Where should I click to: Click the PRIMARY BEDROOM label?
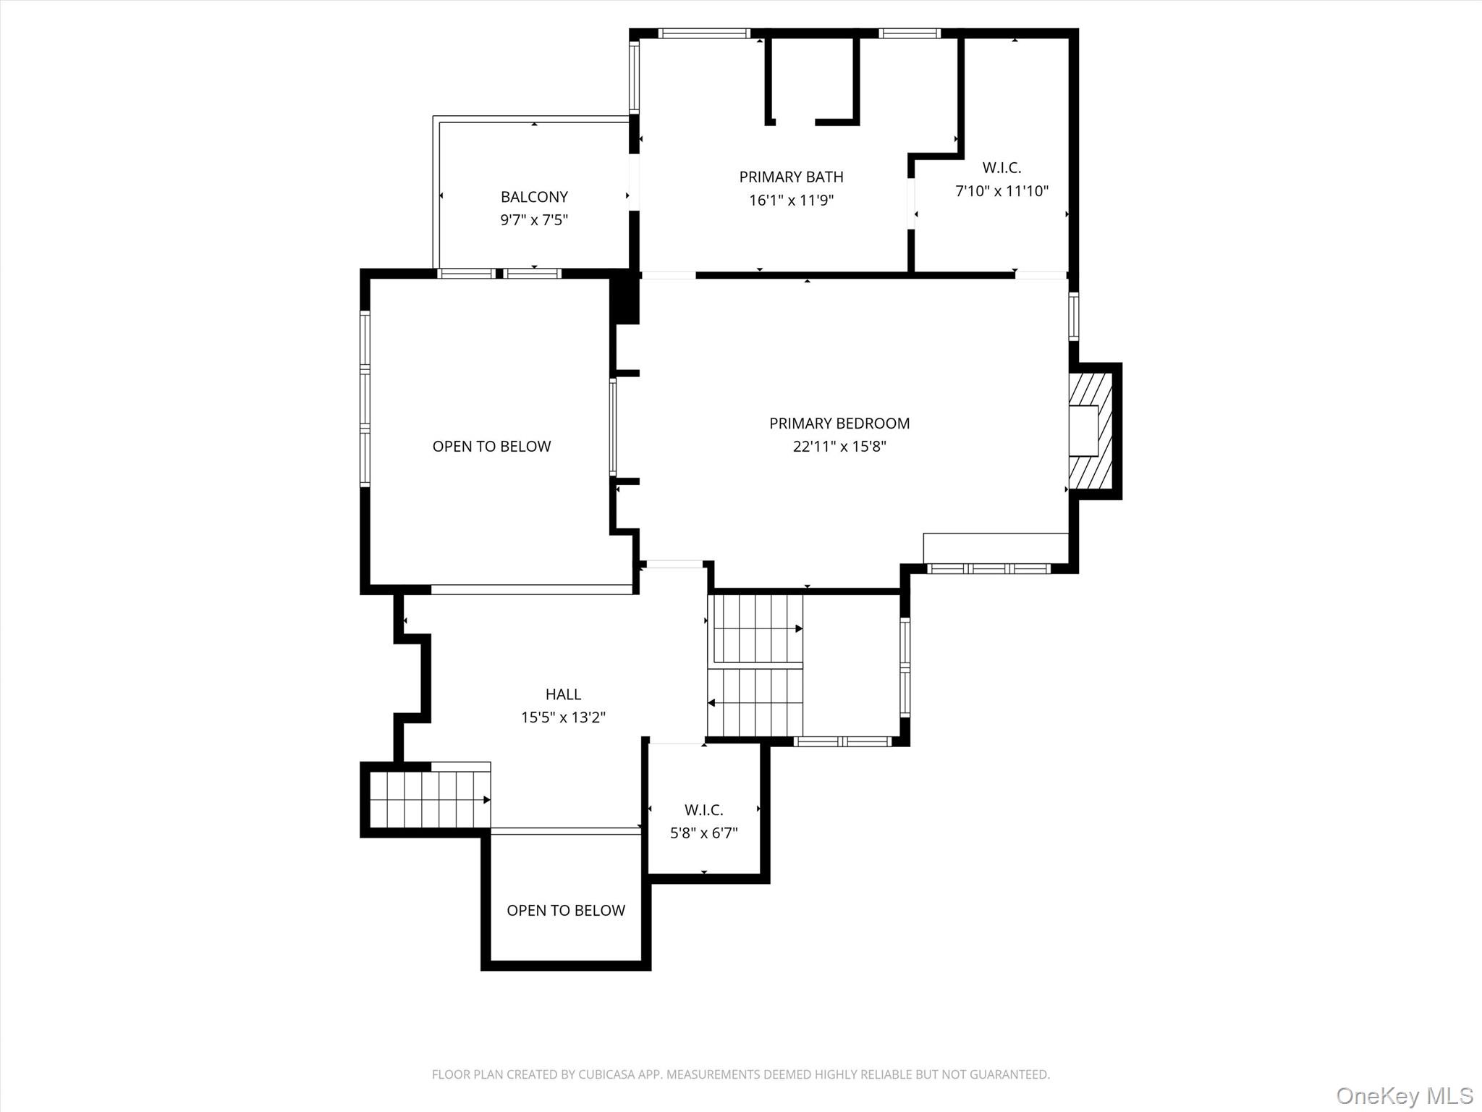(839, 424)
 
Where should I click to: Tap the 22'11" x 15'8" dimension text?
(839, 447)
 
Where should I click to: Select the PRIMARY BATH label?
(791, 177)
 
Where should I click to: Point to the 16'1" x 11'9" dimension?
(791, 201)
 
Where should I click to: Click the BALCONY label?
(534, 197)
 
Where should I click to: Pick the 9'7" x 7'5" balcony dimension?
(534, 220)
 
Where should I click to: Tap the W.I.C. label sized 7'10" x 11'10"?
(1002, 168)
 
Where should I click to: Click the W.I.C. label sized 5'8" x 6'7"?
(703, 809)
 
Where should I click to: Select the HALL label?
(563, 694)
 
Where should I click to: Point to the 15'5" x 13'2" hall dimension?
(563, 717)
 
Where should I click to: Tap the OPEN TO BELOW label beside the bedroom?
(491, 447)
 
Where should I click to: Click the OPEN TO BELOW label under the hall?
(565, 911)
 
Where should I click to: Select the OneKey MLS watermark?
(1404, 1095)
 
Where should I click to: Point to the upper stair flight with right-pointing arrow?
(757, 628)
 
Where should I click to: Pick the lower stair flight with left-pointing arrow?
(755, 702)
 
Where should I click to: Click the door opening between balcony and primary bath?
(634, 182)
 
